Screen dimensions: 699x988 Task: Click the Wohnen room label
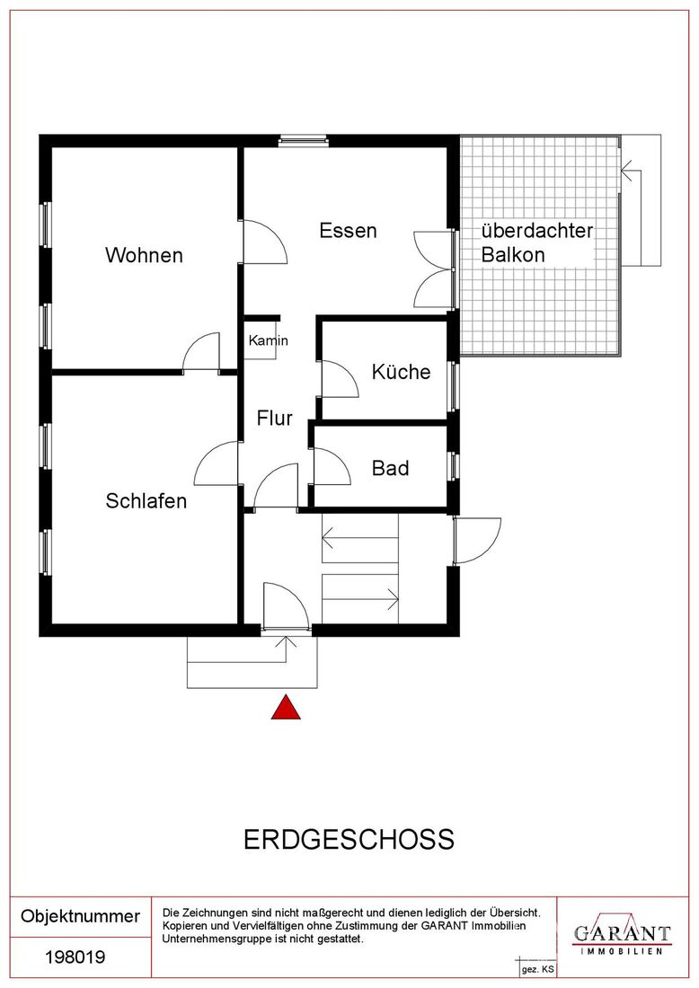(x=144, y=255)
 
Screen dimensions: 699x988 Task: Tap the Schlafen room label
(x=146, y=501)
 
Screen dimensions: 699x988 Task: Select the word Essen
(x=348, y=231)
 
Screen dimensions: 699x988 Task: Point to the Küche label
(x=401, y=372)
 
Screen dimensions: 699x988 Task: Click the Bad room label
(x=390, y=468)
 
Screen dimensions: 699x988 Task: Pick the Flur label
(x=274, y=419)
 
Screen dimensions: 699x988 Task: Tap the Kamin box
(x=261, y=341)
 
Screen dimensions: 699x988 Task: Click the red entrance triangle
(x=286, y=707)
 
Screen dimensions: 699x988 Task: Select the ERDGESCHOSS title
(x=349, y=840)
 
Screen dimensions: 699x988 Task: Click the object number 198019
(x=75, y=957)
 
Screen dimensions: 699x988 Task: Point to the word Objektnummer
(x=81, y=916)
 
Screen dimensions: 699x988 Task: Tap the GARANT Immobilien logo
(x=622, y=935)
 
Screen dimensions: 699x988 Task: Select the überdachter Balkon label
(x=537, y=243)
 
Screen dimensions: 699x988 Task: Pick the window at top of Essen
(x=304, y=140)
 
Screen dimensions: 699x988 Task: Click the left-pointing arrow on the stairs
(x=360, y=538)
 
